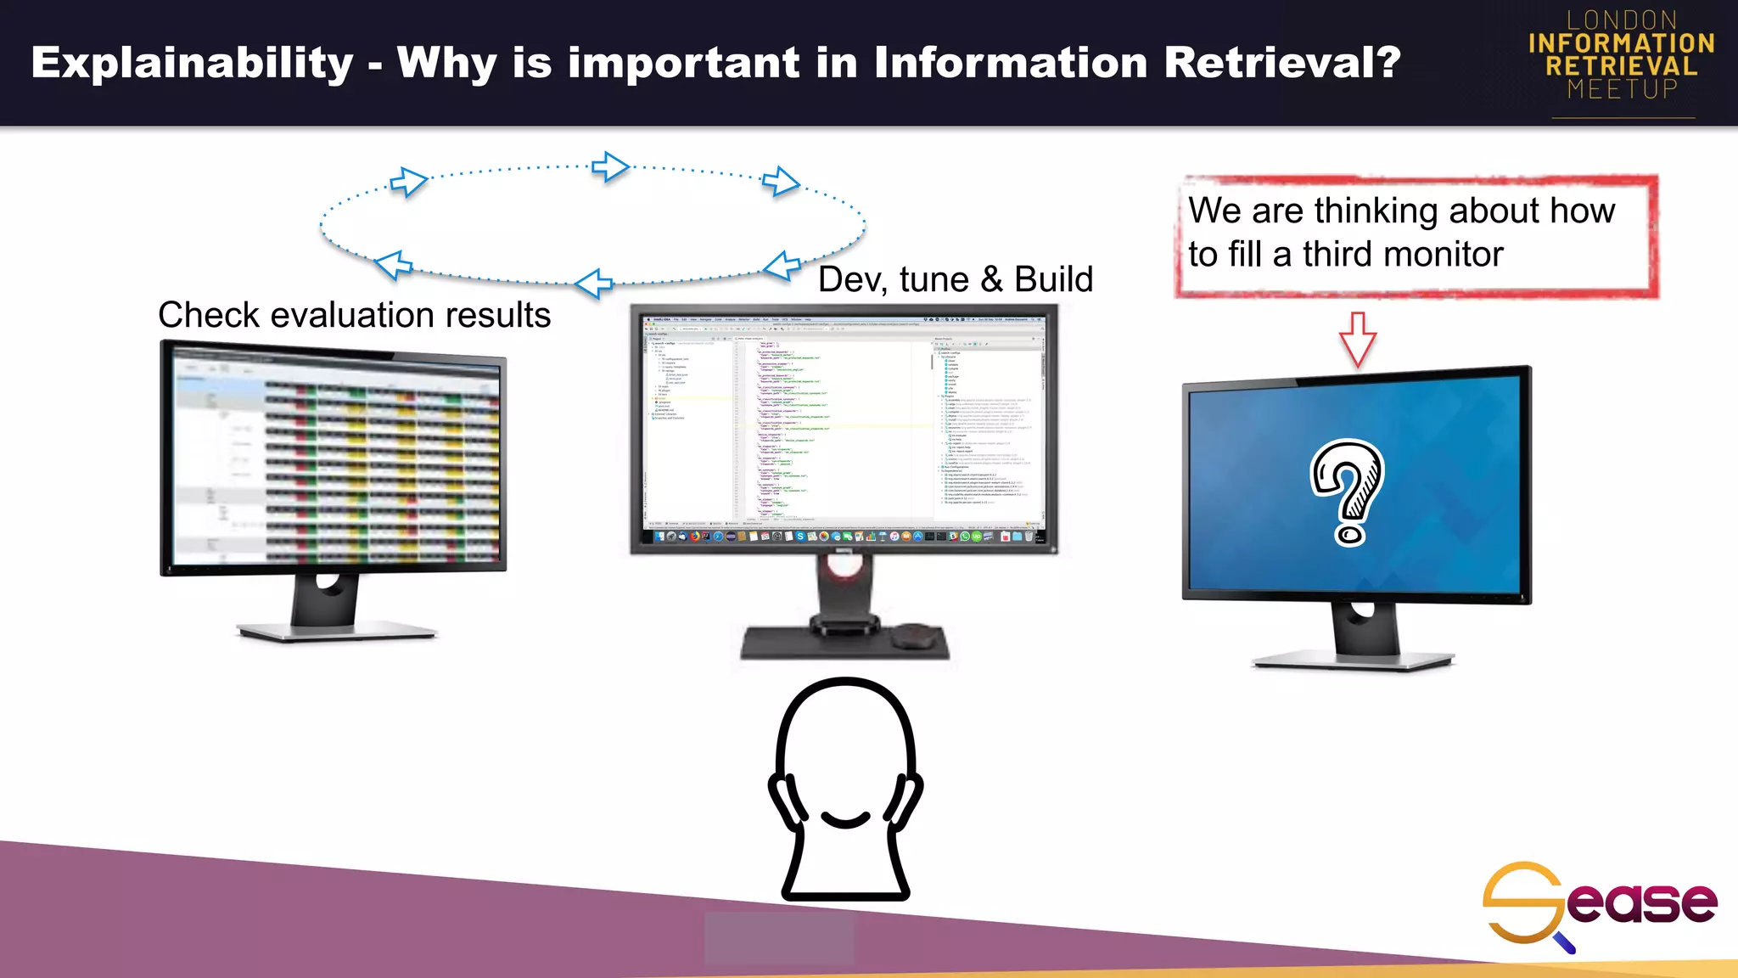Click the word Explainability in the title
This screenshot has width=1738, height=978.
[x=192, y=64]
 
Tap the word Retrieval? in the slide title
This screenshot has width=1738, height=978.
[x=1281, y=62]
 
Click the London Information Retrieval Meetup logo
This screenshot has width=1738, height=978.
[x=1622, y=56]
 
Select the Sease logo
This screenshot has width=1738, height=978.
[x=1599, y=904]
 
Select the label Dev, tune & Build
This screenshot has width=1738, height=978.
[x=956, y=279]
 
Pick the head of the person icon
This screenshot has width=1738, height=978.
[x=845, y=747]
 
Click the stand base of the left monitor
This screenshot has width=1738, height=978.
[x=336, y=632]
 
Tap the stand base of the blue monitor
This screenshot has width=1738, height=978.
[x=1353, y=660]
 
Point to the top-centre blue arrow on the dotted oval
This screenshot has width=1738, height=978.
[x=610, y=166]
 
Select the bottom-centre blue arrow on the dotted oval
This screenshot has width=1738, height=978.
[x=594, y=283]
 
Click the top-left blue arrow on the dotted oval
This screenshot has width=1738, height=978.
[x=408, y=181]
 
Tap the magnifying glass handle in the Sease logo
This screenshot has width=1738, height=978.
[x=1563, y=942]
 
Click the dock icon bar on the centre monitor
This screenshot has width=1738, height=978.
[x=845, y=537]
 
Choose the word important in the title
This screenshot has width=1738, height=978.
[x=683, y=62]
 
